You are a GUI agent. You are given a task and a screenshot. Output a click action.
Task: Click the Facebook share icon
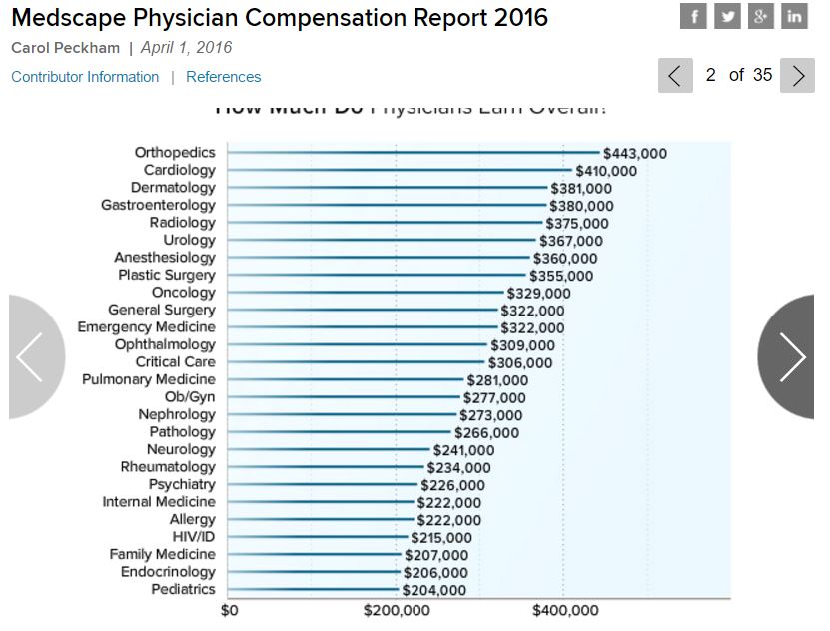693,16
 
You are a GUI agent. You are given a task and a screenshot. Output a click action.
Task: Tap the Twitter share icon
727,16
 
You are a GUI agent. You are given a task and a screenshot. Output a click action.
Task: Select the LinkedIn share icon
794,16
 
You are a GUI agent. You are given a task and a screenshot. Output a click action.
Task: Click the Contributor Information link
85,77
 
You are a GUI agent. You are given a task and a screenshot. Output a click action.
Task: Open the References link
223,77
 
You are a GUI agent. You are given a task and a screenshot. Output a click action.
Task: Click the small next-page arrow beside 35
797,76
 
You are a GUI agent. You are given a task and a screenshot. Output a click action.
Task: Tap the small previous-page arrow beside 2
675,76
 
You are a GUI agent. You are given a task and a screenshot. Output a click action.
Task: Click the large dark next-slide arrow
791,356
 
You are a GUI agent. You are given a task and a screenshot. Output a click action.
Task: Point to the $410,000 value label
606,171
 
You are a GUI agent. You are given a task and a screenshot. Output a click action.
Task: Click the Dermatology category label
173,188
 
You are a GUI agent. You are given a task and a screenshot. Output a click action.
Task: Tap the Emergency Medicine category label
146,327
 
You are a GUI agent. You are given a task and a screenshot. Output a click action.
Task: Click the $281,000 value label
497,380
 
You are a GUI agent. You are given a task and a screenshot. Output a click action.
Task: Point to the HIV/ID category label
194,537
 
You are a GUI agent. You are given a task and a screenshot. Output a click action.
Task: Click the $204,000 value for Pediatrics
433,590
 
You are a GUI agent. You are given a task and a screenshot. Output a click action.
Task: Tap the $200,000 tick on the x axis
397,611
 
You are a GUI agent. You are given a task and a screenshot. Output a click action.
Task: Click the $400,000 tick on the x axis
565,611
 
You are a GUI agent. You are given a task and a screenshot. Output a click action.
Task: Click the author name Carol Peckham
66,48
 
